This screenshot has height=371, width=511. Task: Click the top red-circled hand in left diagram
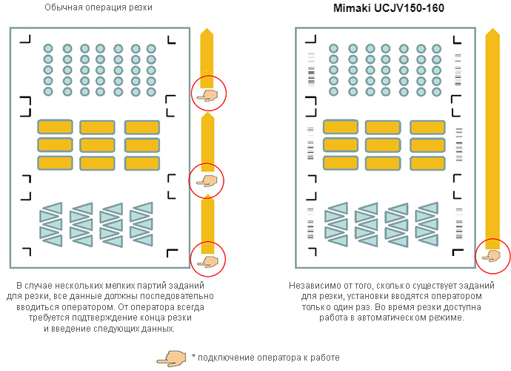(208, 94)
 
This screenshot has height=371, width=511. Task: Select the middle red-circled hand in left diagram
(207, 180)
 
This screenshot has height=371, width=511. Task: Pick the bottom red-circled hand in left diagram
(208, 259)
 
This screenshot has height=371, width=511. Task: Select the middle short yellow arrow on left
(207, 141)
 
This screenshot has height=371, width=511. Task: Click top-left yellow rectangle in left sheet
(55, 127)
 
